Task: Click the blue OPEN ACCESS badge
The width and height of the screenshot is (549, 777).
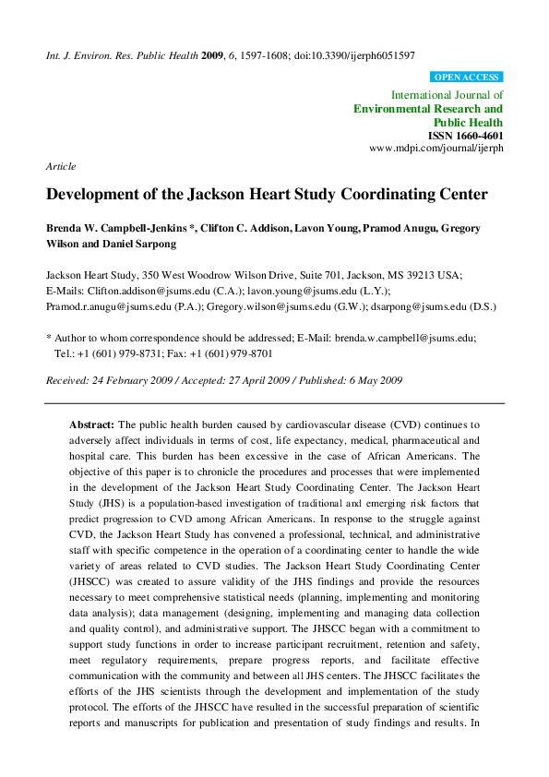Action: tap(466, 78)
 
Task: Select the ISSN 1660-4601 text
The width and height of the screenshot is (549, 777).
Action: tap(466, 135)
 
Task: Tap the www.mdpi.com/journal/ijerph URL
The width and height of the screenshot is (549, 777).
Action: tap(436, 148)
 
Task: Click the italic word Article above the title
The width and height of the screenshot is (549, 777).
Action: tap(60, 166)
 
